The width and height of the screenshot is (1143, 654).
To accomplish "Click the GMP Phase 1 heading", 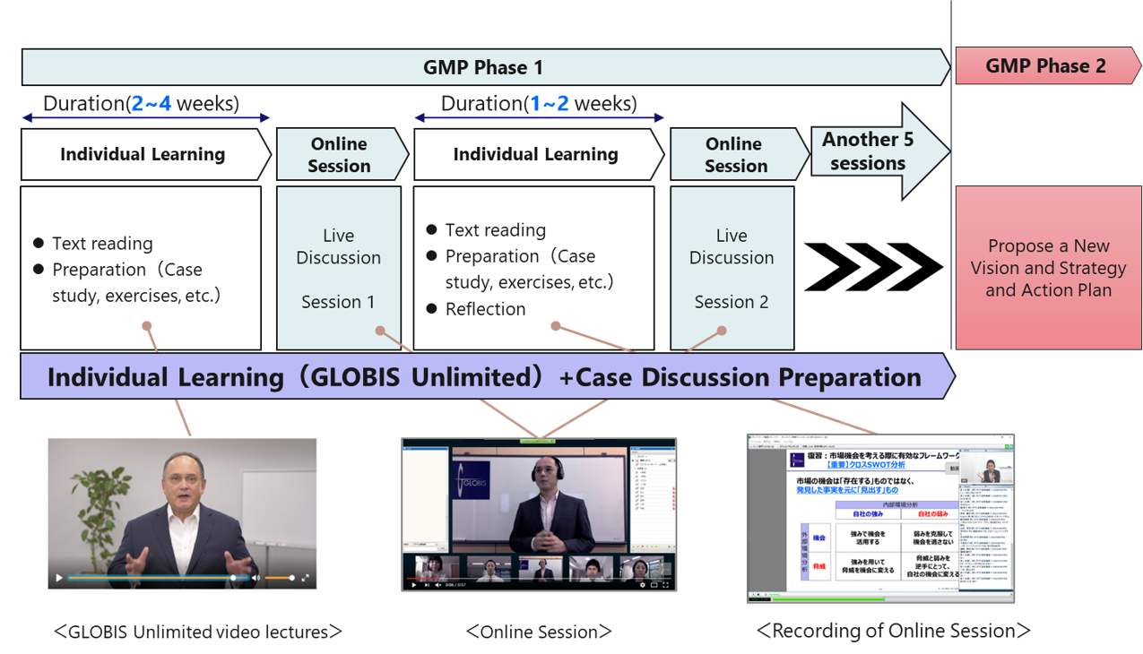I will (483, 67).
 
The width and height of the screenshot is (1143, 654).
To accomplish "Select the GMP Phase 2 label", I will (1045, 66).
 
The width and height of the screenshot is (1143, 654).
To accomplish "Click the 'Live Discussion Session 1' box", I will (338, 268).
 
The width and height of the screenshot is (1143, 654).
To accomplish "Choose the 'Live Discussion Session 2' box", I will (732, 268).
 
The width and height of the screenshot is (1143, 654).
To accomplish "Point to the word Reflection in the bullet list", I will (485, 309).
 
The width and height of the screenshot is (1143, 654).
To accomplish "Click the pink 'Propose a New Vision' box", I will (1048, 268).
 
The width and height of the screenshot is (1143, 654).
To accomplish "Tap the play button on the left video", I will (60, 578).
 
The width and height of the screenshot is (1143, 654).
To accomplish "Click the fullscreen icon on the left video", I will (306, 578).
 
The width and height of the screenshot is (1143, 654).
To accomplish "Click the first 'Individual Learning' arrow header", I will (143, 154).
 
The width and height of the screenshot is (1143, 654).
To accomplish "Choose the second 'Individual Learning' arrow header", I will (535, 154).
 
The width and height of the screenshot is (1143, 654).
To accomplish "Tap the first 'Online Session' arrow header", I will (339, 154).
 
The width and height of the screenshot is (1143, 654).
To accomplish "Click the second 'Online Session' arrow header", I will (735, 154).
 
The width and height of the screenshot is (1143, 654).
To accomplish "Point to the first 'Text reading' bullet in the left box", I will (102, 244).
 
